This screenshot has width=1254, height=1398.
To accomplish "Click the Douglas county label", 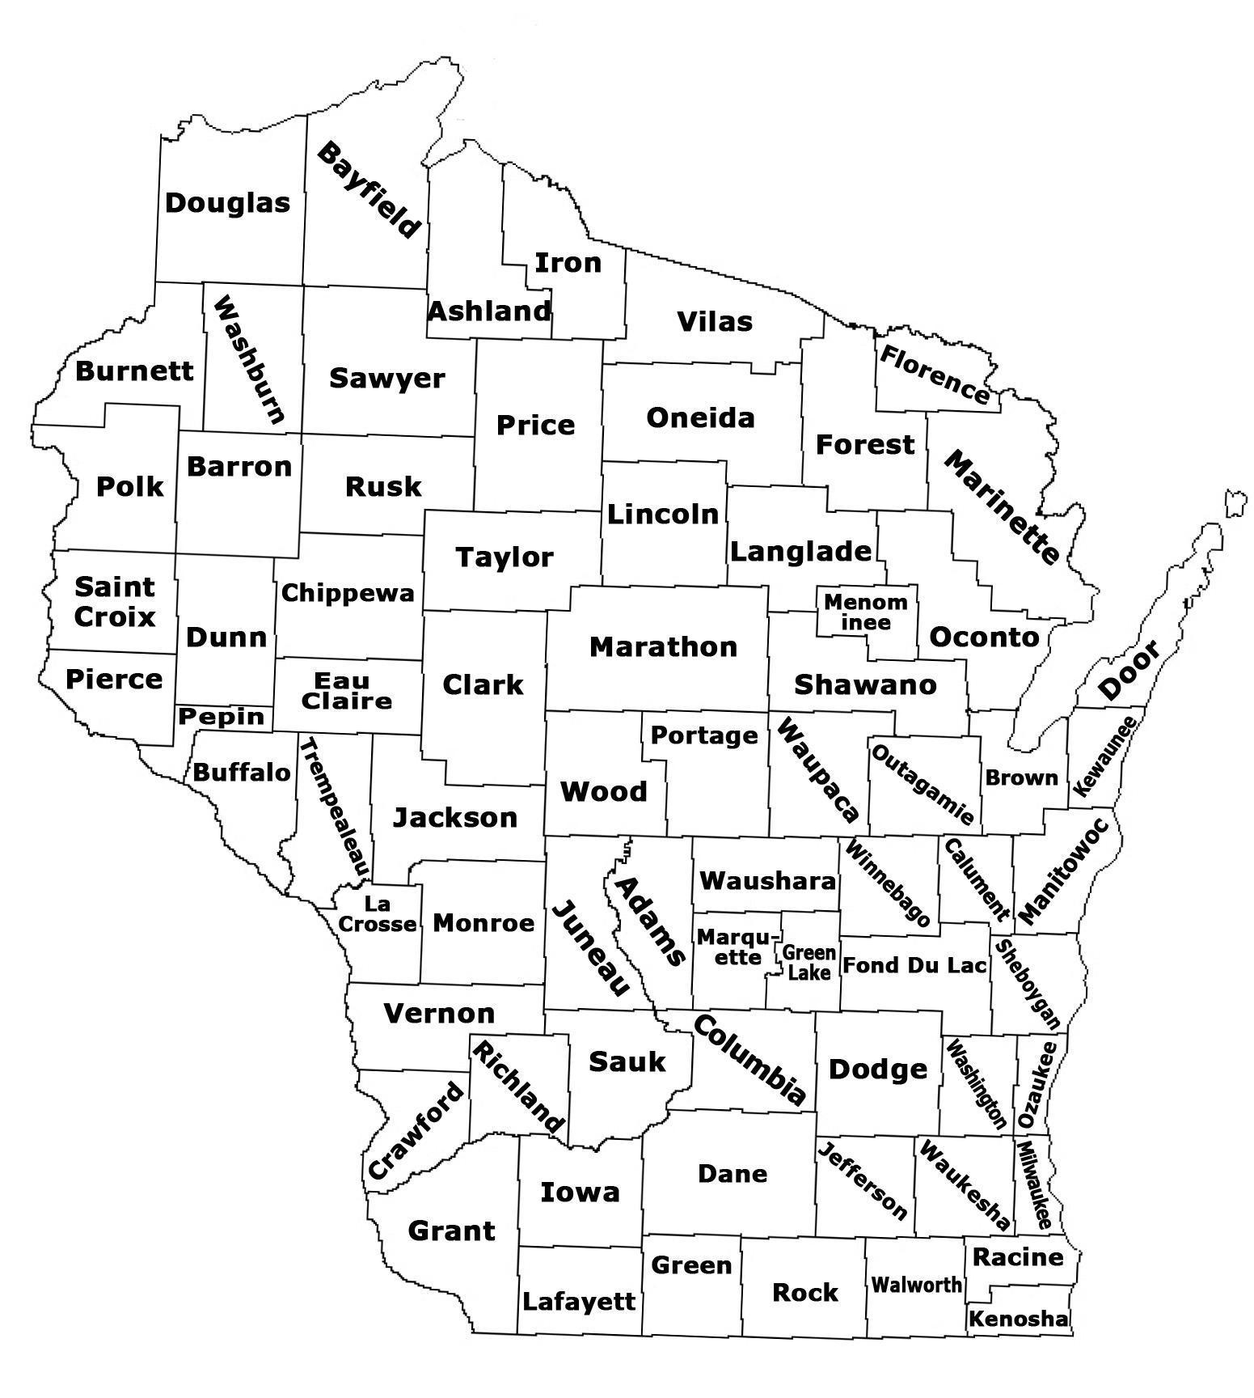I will coord(227,202).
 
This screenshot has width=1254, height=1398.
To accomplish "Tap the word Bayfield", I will coord(369,190).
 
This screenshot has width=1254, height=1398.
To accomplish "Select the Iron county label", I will coord(568,262).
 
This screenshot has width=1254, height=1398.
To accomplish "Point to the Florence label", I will coord(935,375).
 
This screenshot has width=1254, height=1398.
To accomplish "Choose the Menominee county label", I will coord(866,612).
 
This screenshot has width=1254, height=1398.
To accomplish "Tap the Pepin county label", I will coord(222,717).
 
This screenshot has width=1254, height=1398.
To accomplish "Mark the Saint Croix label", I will coord(115,601).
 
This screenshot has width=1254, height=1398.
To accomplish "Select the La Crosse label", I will coord(378,913).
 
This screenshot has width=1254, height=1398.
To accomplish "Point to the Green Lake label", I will coord(809,963).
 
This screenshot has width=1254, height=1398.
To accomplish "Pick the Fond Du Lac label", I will coord(914,965).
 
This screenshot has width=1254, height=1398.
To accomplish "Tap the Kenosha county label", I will coord(1019,1319).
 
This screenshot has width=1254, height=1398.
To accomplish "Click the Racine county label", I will coord(1018,1256).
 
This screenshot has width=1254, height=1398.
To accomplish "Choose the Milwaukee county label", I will coord(1033,1185).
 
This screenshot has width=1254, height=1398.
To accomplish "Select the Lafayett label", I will coord(579,1301).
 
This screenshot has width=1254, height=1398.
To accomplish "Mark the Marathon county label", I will coord(663,646).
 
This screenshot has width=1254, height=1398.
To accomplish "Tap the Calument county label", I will coord(976,880).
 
